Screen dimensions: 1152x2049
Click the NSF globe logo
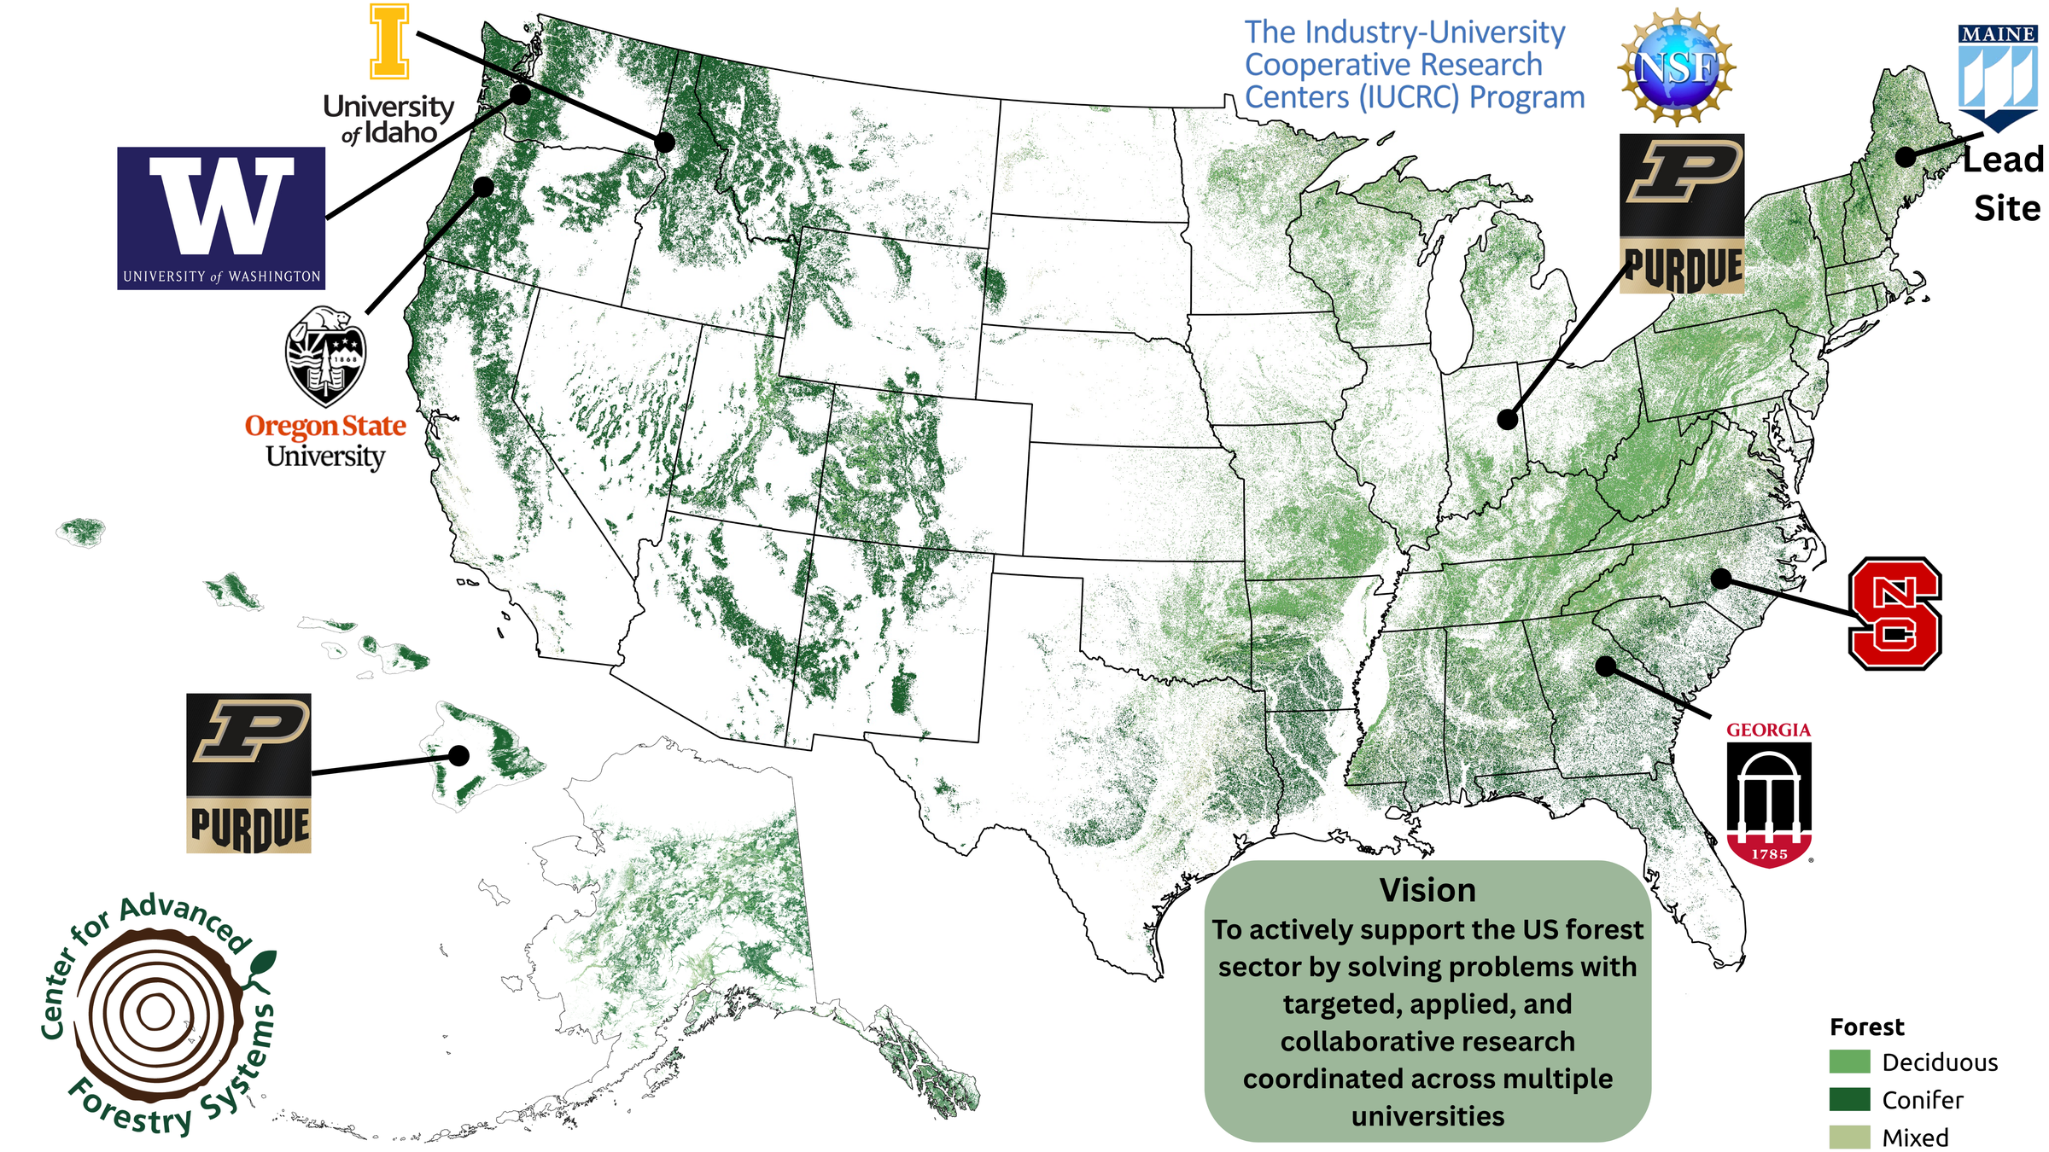[x=1676, y=67]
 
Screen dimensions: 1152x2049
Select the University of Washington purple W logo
[x=221, y=218]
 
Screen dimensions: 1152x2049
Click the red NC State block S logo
[x=1894, y=614]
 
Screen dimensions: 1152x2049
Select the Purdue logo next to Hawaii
[x=248, y=772]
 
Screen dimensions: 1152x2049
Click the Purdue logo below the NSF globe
[x=1682, y=213]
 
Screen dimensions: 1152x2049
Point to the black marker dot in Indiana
[x=1508, y=420]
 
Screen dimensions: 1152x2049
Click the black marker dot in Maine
[x=1906, y=157]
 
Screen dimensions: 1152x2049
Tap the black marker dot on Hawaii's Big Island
[x=459, y=755]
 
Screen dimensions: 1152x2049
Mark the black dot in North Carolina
[x=1721, y=579]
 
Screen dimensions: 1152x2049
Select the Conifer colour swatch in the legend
[x=1849, y=1099]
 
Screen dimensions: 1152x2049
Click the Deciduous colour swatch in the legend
[x=1849, y=1062]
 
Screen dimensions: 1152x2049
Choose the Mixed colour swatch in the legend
[x=1849, y=1137]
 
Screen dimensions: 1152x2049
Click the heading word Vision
[x=1427, y=890]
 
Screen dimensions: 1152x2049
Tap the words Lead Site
[x=2005, y=183]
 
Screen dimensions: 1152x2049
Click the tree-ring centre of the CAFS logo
[x=155, y=1013]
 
